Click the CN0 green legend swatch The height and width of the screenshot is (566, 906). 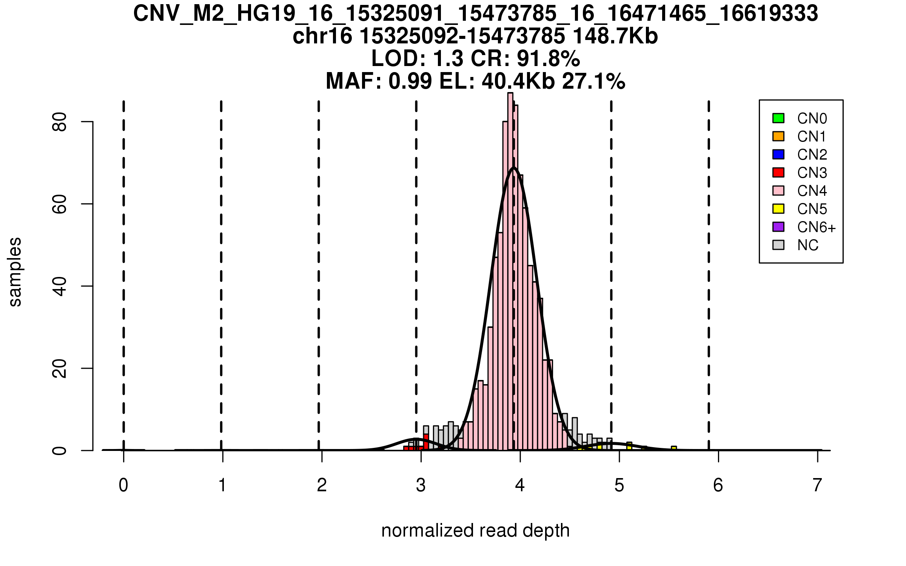coord(778,118)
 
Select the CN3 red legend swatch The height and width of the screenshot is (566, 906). coord(778,172)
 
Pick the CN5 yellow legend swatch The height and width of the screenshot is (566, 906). coord(778,209)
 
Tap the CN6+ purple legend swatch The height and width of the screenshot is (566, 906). coord(778,227)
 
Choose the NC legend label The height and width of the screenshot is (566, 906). coord(808,245)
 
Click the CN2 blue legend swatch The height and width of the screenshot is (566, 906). coord(778,154)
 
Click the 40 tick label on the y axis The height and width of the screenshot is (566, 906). coord(60,286)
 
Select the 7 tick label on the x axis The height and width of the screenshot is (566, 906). coord(817,485)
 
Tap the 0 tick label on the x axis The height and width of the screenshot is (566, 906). coord(123,485)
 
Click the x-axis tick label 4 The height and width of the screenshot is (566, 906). coord(520,485)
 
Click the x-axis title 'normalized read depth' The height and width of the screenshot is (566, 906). coord(475,531)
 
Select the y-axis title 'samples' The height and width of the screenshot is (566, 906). coord(15,272)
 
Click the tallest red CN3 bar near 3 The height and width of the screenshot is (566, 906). coord(426,441)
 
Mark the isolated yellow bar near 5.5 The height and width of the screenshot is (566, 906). coord(674,448)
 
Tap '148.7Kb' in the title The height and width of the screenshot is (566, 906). coord(615,36)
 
